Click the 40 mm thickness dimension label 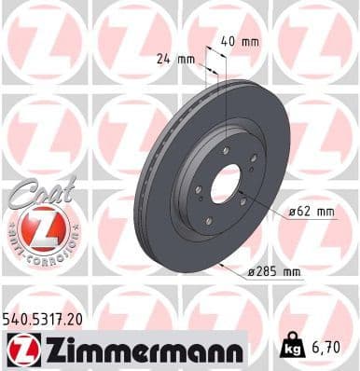pos(240,42)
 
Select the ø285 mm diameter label pos(277,272)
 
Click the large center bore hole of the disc pos(225,183)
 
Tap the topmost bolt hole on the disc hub pos(230,147)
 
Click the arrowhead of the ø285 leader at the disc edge pos(221,264)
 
